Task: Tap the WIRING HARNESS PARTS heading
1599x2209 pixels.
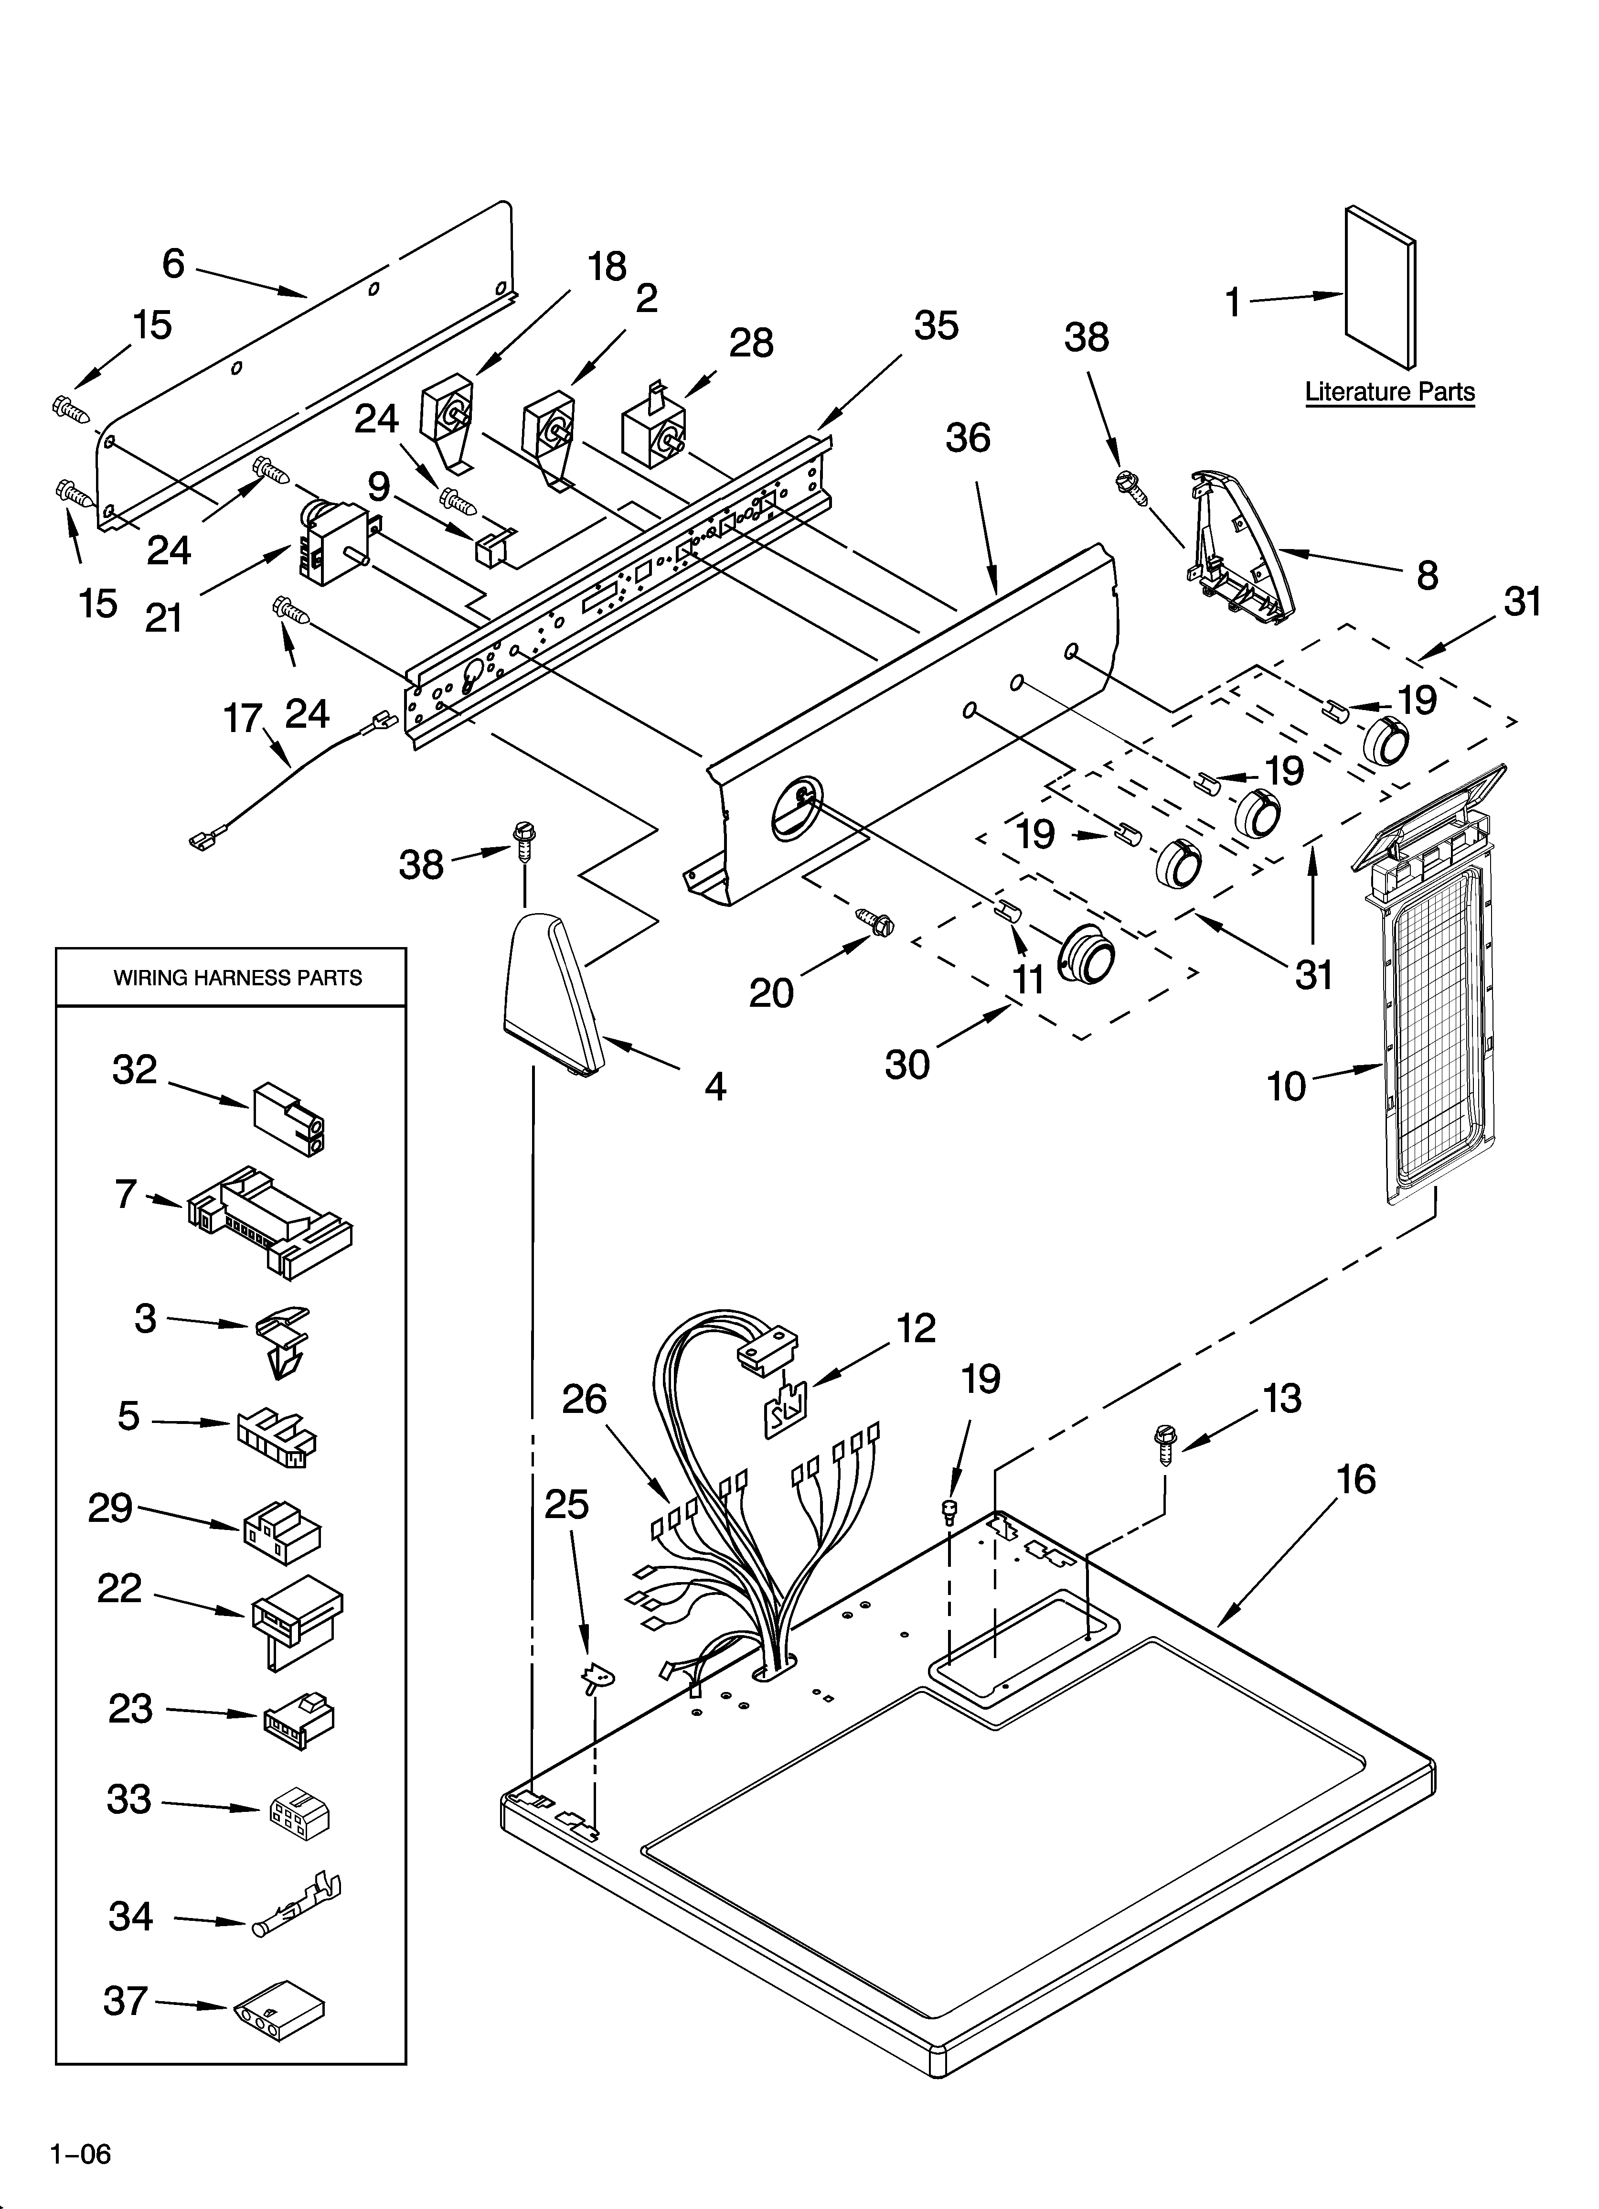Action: (x=238, y=978)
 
